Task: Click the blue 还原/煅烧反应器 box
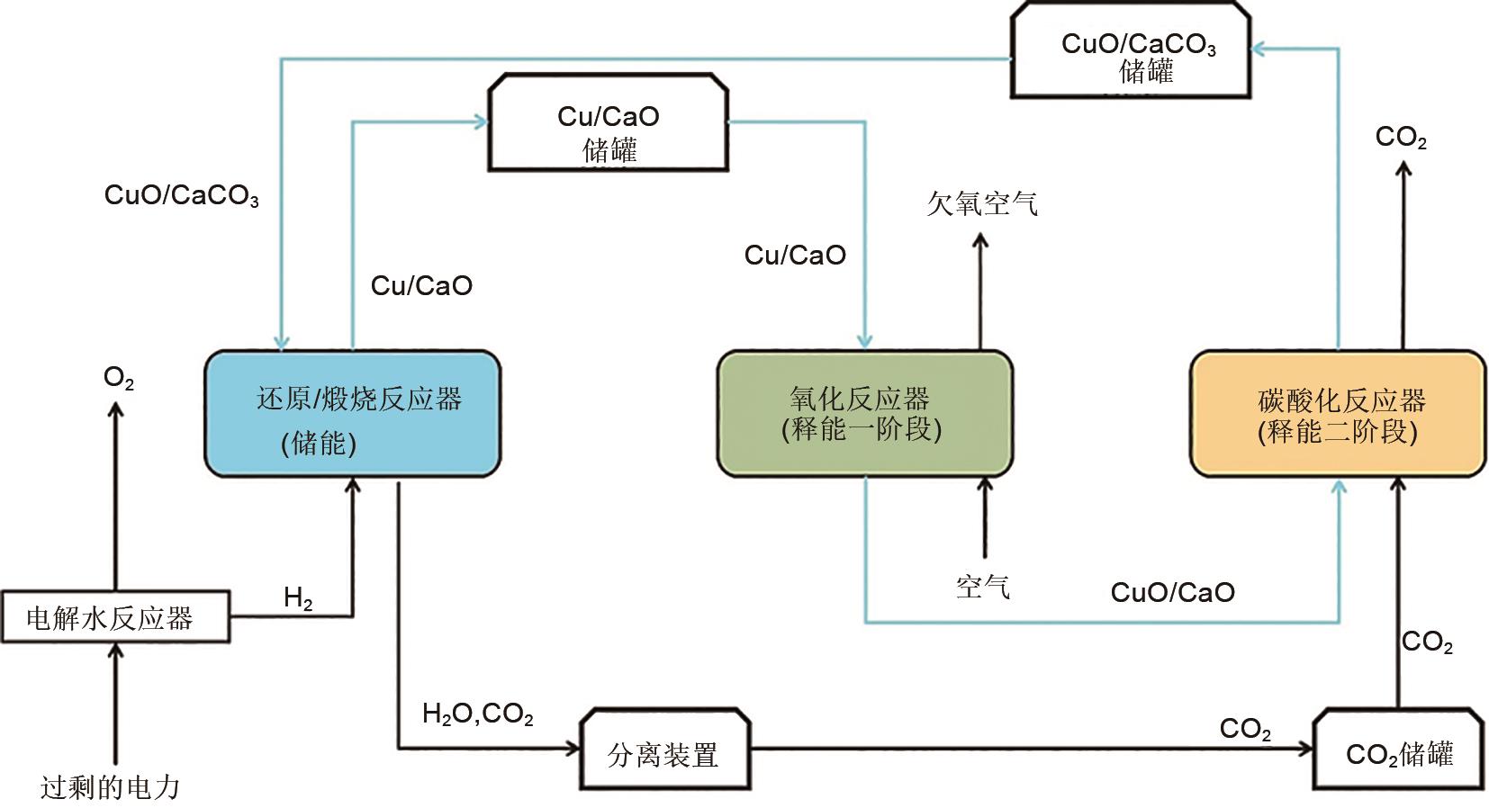(x=352, y=413)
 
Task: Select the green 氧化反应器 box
(x=864, y=413)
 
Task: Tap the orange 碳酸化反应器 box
(x=1338, y=414)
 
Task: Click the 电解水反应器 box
(x=115, y=617)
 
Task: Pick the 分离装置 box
(x=664, y=753)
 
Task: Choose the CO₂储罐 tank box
(x=1398, y=753)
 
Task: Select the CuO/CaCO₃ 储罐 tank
(x=1131, y=51)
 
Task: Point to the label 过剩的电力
(x=110, y=787)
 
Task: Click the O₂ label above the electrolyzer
(x=118, y=378)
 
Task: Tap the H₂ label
(x=298, y=597)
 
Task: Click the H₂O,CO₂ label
(x=477, y=715)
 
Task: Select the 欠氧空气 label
(x=981, y=203)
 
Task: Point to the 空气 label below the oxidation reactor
(x=982, y=588)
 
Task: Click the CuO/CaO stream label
(x=1172, y=592)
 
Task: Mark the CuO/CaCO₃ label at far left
(x=181, y=196)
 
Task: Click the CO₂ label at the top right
(x=1401, y=138)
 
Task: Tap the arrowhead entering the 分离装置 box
(x=573, y=748)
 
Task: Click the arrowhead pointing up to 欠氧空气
(x=980, y=240)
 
